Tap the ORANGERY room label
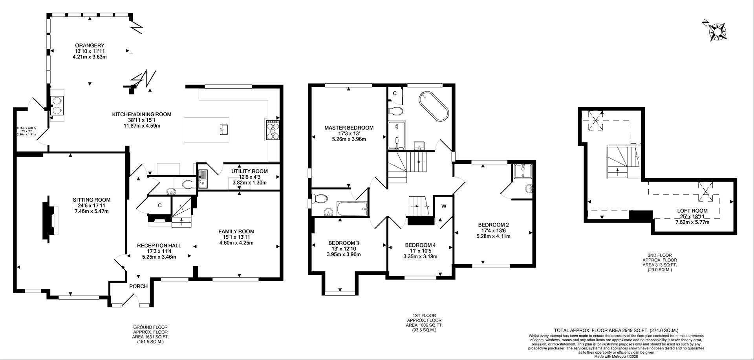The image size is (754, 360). (x=90, y=46)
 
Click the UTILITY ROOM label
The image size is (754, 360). (x=249, y=171)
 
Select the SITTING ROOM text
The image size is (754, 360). (x=92, y=200)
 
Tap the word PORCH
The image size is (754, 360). (x=138, y=286)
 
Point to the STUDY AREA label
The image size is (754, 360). (x=26, y=128)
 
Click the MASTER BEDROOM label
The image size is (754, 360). (x=349, y=128)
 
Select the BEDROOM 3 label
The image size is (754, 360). (x=344, y=243)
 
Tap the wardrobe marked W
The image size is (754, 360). (x=444, y=206)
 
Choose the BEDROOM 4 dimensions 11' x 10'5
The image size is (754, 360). (x=420, y=251)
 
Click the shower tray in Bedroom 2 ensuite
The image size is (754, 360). (x=522, y=172)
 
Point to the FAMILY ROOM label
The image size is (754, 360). (x=236, y=231)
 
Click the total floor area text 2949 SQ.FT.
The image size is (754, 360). (x=616, y=331)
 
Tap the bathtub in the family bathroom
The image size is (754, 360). (x=352, y=209)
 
